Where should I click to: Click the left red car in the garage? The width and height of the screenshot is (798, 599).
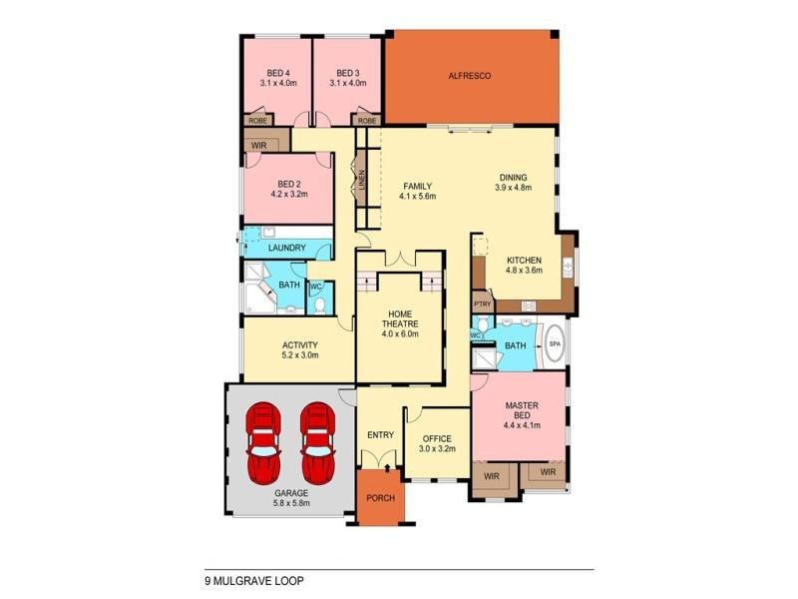pyautogui.click(x=264, y=440)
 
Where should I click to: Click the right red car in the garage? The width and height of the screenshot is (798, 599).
pyautogui.click(x=316, y=440)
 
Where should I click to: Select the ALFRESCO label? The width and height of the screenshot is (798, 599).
pyautogui.click(x=470, y=76)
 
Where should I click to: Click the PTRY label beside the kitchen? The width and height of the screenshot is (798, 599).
pyautogui.click(x=483, y=304)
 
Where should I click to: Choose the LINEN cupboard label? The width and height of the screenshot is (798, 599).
pyautogui.click(x=363, y=181)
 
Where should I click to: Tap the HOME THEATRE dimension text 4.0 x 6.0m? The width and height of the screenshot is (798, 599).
pyautogui.click(x=399, y=334)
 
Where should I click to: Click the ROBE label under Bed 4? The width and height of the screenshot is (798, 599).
pyautogui.click(x=256, y=121)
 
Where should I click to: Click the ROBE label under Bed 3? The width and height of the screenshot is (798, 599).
pyautogui.click(x=367, y=121)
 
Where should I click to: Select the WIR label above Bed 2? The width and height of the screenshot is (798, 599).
pyautogui.click(x=259, y=146)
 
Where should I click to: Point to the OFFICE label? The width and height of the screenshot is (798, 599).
pyautogui.click(x=437, y=438)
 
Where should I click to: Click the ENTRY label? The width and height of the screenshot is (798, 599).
pyautogui.click(x=380, y=434)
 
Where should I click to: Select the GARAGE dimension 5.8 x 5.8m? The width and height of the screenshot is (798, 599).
pyautogui.click(x=291, y=503)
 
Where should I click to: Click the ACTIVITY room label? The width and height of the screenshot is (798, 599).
pyautogui.click(x=299, y=345)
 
